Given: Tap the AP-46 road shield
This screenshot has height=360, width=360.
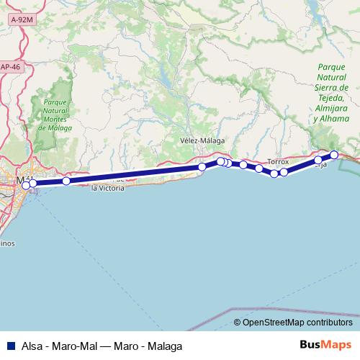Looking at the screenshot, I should click(9, 67).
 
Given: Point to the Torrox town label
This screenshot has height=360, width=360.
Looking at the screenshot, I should click(278, 162).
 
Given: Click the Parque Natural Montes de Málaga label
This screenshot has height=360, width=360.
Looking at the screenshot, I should click(55, 114).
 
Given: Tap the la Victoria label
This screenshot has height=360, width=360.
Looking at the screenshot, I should click(108, 189).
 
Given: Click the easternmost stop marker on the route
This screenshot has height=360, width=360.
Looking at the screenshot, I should click(334, 155).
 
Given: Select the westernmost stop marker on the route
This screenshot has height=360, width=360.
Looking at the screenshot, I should click(26, 185).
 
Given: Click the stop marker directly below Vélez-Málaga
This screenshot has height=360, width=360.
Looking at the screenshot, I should click(202, 167).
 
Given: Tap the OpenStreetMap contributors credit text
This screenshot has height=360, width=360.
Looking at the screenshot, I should click(297, 322).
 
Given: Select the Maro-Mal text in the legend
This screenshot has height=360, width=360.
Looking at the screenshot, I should click(76, 346).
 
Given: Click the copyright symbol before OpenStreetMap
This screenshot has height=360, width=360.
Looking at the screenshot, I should click(237, 322).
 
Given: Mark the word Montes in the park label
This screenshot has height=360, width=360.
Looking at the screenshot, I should click(55, 120).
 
